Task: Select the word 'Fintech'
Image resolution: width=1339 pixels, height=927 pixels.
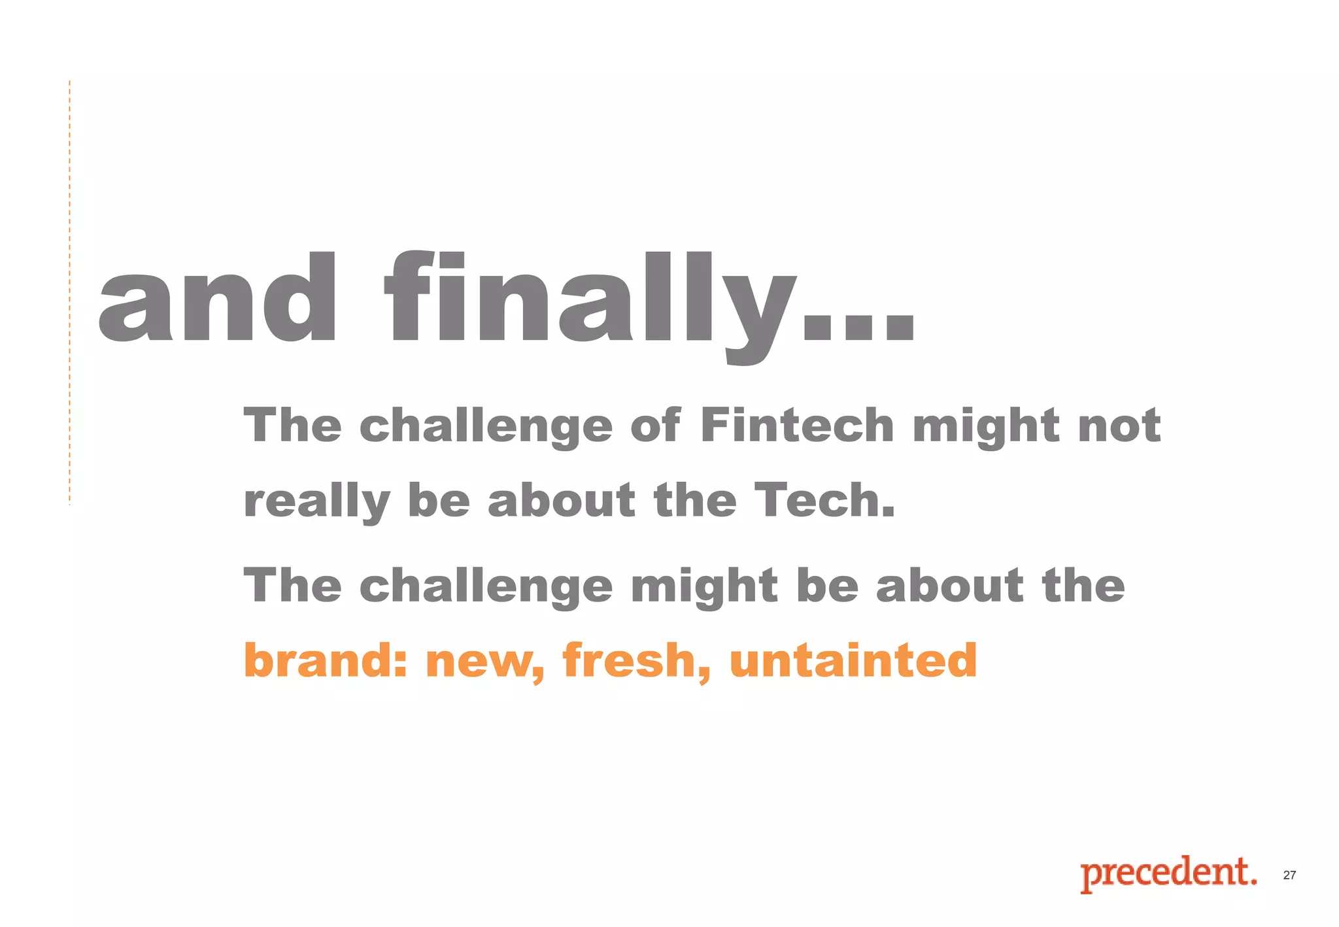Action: (x=797, y=426)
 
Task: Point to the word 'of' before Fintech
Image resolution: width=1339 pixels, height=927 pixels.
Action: (x=655, y=426)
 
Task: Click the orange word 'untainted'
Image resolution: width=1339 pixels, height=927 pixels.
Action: (x=853, y=660)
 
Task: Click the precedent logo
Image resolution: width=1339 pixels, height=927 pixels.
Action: (x=1168, y=873)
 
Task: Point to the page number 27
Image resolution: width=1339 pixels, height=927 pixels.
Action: (x=1289, y=875)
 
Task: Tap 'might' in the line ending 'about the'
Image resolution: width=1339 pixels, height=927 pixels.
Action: (x=704, y=586)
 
